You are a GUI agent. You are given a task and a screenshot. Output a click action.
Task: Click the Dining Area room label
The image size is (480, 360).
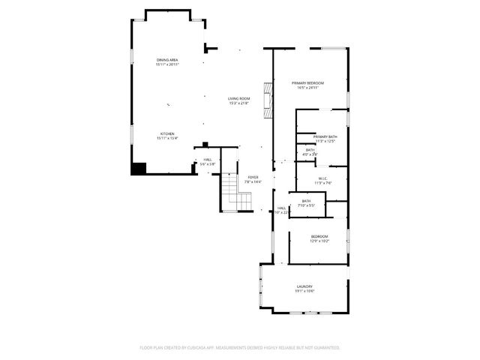click(167, 60)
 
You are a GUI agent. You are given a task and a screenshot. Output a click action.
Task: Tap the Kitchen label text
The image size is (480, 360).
click(166, 134)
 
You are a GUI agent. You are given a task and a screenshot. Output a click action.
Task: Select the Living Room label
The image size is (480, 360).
click(239, 99)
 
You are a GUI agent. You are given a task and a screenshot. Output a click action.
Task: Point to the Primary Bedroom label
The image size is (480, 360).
click(307, 82)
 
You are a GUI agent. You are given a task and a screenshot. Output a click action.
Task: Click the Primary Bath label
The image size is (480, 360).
click(325, 136)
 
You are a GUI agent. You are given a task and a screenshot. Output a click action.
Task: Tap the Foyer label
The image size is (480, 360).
click(253, 177)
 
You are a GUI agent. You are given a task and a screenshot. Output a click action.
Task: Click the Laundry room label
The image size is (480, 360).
click(304, 286)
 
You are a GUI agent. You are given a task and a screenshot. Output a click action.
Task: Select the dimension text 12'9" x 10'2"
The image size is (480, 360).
click(319, 241)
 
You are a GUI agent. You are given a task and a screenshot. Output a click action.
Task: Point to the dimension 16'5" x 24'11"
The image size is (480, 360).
click(307, 88)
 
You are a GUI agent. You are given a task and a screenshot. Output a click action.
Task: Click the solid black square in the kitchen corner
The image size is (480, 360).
click(139, 168)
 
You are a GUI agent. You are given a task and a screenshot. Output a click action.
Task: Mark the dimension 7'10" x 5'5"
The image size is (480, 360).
click(306, 205)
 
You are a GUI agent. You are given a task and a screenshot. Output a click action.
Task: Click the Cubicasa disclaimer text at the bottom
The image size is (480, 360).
click(240, 347)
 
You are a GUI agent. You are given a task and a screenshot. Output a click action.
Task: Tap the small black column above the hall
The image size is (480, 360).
click(205, 144)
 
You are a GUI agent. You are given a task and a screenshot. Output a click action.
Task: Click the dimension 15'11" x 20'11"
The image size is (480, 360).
click(167, 64)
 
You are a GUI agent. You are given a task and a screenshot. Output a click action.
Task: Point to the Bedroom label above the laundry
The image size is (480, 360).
click(319, 236)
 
